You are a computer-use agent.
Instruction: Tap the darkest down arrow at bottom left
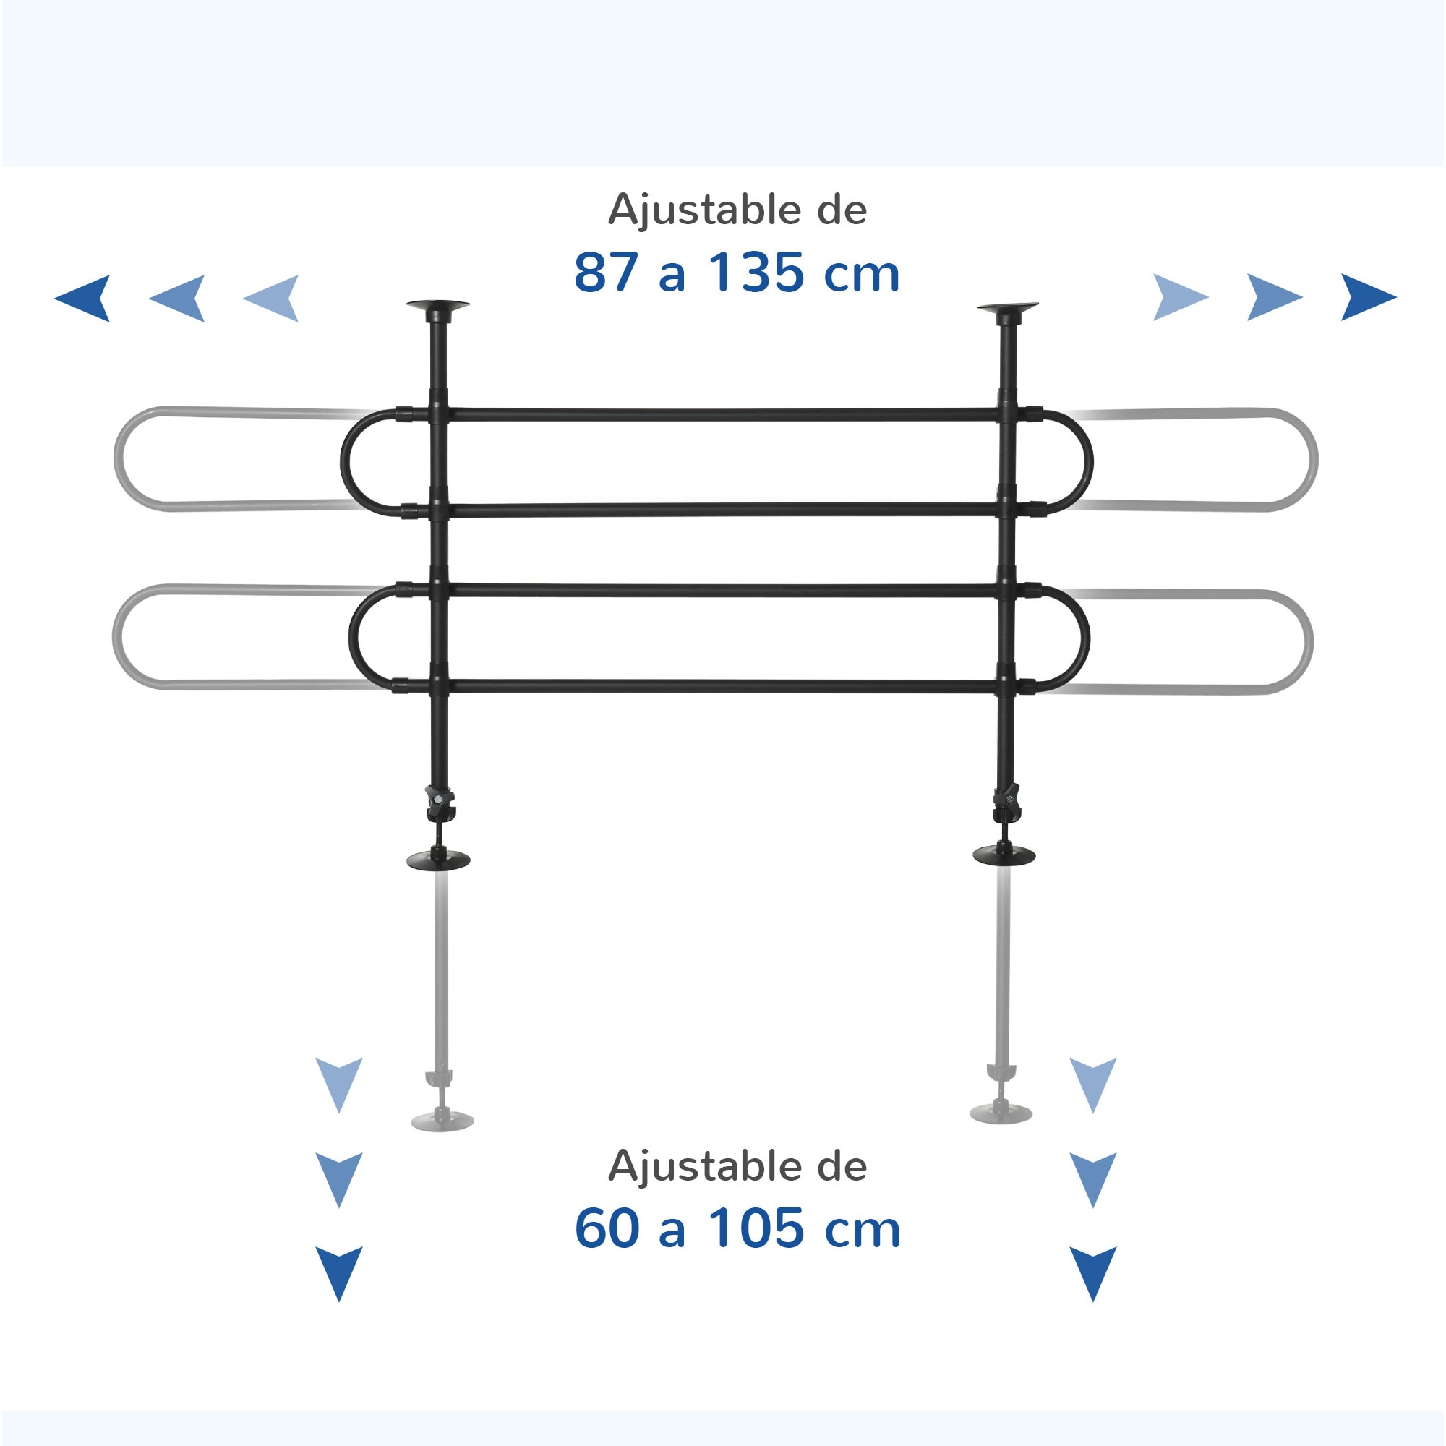pyautogui.click(x=339, y=1274)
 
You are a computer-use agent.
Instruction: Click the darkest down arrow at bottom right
pyautogui.click(x=1092, y=1274)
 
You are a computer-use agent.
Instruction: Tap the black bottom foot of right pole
pyautogui.click(x=1004, y=854)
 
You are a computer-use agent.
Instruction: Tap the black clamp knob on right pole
pyautogui.click(x=1006, y=803)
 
